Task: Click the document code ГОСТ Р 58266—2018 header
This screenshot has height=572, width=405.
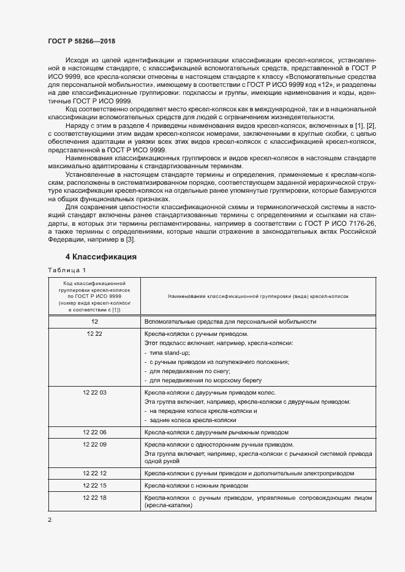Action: (x=81, y=41)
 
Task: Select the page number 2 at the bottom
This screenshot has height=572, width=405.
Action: (x=49, y=520)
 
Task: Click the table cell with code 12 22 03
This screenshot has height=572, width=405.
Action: (x=95, y=392)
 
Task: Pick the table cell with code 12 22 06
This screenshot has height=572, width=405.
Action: (x=95, y=432)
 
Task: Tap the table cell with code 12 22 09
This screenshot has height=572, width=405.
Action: (x=95, y=444)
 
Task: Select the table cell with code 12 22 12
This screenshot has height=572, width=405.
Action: (x=95, y=474)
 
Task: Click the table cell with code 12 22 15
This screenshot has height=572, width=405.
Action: (x=95, y=485)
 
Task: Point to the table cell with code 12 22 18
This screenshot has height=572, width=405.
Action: (x=95, y=497)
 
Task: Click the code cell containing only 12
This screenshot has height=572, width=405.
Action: (x=95, y=321)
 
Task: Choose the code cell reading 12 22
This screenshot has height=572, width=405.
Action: (x=95, y=334)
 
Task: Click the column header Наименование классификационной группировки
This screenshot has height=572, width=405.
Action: (x=258, y=295)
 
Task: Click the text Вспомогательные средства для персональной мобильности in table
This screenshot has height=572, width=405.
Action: (x=230, y=321)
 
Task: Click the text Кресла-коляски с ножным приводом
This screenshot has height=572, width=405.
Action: (x=196, y=485)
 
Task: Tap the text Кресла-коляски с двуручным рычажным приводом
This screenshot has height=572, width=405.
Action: (x=211, y=432)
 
